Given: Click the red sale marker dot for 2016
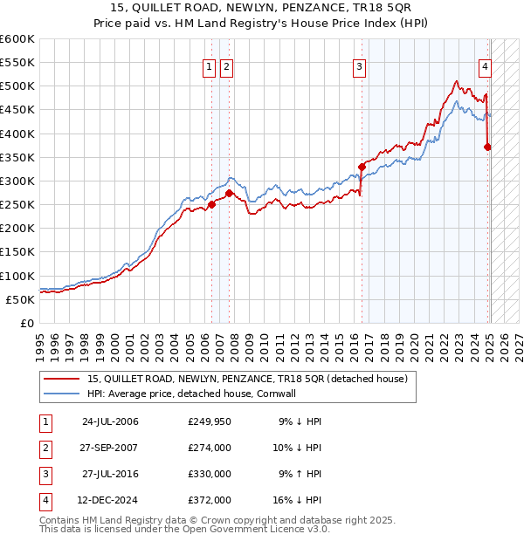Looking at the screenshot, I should click(361, 167).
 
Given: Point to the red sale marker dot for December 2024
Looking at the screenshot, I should click(487, 147).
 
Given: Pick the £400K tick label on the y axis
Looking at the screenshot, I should click(17, 134).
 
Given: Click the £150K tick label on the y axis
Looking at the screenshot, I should click(17, 252).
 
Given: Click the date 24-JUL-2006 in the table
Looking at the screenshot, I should click(110, 421).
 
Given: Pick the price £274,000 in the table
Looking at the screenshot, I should click(209, 448).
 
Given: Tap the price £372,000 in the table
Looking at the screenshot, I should click(209, 500).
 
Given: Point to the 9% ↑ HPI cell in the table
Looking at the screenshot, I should click(300, 474).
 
